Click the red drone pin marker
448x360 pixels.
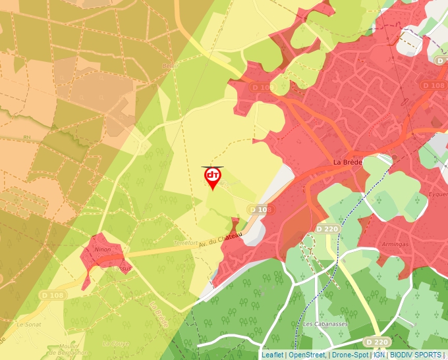[212, 176]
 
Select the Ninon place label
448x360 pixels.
[102, 250]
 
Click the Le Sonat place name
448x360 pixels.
[30, 324]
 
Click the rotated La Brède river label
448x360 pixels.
[159, 315]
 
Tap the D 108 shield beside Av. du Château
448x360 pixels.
[260, 209]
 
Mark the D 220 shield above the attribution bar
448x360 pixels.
[377, 342]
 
